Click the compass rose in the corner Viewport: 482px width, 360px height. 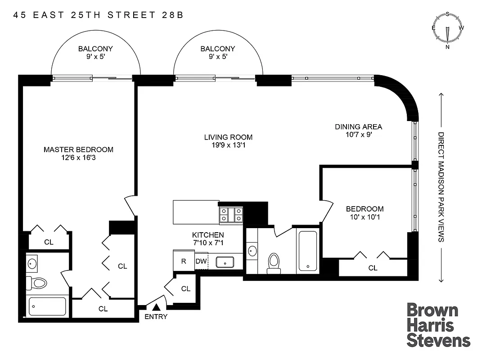[x=447, y=30]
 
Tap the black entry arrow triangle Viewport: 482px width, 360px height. [x=156, y=307]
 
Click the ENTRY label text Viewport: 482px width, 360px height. [x=156, y=317]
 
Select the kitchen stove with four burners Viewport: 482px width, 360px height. [x=230, y=215]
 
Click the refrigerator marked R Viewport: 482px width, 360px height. [x=183, y=261]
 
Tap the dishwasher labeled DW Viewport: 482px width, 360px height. [x=200, y=261]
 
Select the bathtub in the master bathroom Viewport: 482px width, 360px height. [x=47, y=307]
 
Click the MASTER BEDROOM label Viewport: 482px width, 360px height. [x=78, y=150]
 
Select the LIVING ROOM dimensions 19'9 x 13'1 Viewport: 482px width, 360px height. [x=228, y=145]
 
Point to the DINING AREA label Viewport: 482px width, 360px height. [x=358, y=127]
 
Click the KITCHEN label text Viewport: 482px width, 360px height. [x=208, y=235]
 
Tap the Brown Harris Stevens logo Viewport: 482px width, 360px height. [x=438, y=325]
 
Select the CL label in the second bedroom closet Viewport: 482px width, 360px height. [x=373, y=268]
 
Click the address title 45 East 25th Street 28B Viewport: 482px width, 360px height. [x=98, y=15]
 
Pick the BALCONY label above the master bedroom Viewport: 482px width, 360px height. [x=95, y=49]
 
